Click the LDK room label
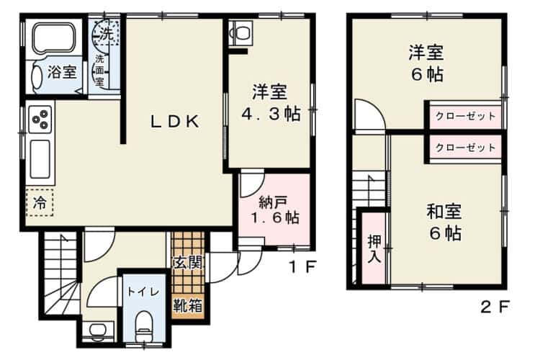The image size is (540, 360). pos(174,122)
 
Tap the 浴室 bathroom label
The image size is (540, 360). pos(62,72)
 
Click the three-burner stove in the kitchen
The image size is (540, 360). pos(41,117)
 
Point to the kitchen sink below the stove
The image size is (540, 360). pos(40,158)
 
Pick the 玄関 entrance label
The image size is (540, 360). pos(187,262)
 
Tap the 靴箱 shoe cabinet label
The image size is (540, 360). pos(187,304)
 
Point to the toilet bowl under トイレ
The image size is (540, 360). pos(143,322)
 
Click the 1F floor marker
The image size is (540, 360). pos(302,267)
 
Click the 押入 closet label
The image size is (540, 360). pos(373,246)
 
